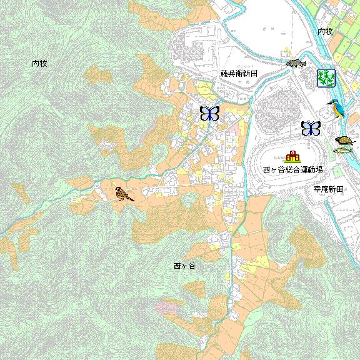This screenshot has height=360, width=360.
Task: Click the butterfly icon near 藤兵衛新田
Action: click(x=209, y=113)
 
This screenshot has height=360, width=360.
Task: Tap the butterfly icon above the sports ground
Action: click(x=311, y=128)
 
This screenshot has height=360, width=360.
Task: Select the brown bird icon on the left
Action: click(x=124, y=194)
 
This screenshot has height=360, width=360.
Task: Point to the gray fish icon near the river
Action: click(x=296, y=63)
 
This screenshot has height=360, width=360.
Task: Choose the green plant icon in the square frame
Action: click(x=326, y=77)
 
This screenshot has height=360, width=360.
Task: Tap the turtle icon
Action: click(x=344, y=141)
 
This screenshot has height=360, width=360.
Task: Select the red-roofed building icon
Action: click(x=292, y=156)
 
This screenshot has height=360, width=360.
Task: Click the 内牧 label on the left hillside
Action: click(x=40, y=63)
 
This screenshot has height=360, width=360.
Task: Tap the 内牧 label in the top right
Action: click(x=325, y=31)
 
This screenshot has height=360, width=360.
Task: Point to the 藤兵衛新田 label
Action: click(x=239, y=74)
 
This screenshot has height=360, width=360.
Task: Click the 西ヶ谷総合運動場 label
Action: click(x=292, y=169)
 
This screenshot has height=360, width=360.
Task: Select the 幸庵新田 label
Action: click(x=328, y=189)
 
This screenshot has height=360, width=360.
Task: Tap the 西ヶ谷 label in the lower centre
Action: click(x=185, y=266)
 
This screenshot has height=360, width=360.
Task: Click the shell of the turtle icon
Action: click(x=343, y=139)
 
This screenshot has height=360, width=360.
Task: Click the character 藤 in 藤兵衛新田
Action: click(x=224, y=74)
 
